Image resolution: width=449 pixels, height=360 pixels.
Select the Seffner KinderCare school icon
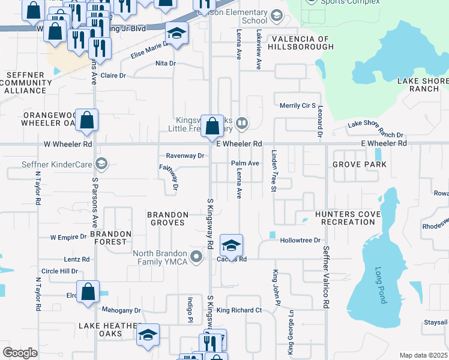click(x=101, y=163)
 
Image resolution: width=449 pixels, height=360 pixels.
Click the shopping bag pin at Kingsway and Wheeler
click(x=212, y=127)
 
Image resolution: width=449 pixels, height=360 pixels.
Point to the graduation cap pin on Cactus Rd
click(x=231, y=245)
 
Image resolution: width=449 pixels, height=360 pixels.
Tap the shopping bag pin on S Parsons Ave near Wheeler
click(x=87, y=120)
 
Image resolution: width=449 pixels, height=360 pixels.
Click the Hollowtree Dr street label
click(x=300, y=240)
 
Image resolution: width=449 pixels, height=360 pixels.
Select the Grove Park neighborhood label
click(x=359, y=164)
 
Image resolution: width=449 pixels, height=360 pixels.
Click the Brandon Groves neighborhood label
click(x=169, y=214)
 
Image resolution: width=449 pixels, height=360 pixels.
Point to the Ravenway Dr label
click(x=185, y=155)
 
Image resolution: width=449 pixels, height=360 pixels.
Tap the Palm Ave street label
click(x=245, y=163)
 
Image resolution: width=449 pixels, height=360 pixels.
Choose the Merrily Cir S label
click(x=298, y=106)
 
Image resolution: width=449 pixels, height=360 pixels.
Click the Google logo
click(x=20, y=353)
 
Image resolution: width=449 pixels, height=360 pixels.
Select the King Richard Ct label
click(x=240, y=310)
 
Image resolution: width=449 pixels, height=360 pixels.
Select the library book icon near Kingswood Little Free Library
click(x=241, y=124)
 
